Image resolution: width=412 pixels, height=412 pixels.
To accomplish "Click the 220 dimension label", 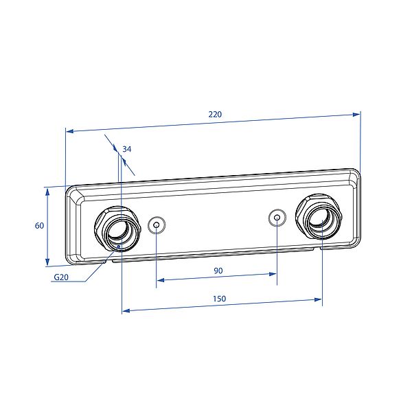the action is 215,114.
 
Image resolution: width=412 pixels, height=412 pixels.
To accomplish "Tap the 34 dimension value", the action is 126,149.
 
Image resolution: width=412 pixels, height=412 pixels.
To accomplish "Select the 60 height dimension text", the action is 39,225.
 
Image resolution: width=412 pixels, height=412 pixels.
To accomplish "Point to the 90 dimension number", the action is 218,271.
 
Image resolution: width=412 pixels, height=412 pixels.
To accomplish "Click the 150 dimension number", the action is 219,299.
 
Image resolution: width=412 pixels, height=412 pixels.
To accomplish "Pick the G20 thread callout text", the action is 61,277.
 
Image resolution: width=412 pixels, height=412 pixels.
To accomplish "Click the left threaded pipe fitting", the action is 117,229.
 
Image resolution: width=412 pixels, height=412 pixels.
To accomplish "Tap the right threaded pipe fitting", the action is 319,216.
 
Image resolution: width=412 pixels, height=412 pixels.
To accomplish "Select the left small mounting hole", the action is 157,225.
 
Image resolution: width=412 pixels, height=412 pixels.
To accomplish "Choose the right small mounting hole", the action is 277,218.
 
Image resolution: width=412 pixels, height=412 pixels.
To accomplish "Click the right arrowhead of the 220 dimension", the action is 356,115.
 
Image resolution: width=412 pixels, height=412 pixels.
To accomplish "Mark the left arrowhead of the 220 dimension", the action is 69,131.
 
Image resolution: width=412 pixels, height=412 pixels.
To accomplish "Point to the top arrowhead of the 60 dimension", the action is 47,192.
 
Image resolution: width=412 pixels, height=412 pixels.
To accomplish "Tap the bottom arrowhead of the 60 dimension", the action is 47,262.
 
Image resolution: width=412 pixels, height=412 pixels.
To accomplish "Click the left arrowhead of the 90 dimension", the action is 161,280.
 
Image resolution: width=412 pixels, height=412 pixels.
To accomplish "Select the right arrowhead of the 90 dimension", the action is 273,274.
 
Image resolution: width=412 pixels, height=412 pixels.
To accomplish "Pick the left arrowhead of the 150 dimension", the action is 126,310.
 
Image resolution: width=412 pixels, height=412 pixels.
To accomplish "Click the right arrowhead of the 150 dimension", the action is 318,299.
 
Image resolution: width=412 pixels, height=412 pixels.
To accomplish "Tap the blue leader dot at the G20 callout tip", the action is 119,247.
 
